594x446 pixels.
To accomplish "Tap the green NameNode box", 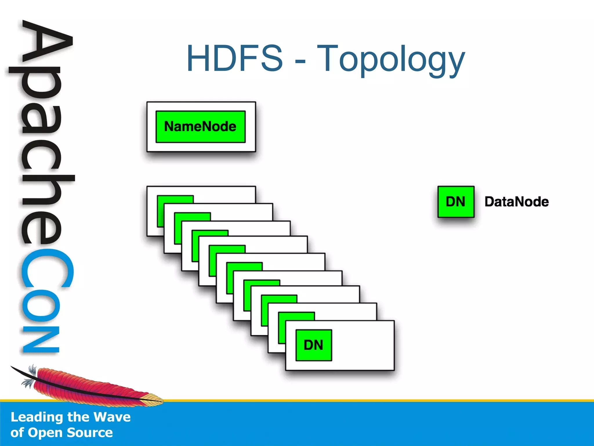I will point(200,127).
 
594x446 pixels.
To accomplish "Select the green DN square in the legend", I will point(456,202).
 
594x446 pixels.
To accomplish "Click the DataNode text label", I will point(517,202).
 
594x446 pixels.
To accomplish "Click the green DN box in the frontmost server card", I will point(314,345).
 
